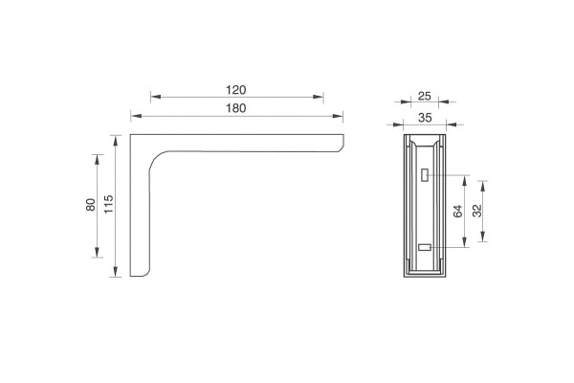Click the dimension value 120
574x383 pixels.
pos(236,90)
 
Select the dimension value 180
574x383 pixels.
pos(236,108)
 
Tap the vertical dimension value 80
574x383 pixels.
pos(91,205)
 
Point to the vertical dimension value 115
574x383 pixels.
pos(109,205)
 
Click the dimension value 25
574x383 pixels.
pos(424,97)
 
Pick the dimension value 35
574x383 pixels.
pos(425,118)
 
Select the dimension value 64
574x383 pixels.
pos(458,212)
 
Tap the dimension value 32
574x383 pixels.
pos(477,211)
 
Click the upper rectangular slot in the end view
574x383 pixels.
pos(425,175)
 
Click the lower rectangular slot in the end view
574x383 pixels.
pos(425,247)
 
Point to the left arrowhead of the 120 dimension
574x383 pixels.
pos(156,97)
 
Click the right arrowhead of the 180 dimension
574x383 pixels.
pos(338,116)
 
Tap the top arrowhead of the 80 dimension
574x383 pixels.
pos(97,160)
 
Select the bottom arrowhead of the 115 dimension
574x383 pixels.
pos(116,272)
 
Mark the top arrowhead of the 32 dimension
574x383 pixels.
pos(483,186)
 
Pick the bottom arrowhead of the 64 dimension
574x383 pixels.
pos(465,242)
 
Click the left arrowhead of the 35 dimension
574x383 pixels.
pos(398,124)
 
